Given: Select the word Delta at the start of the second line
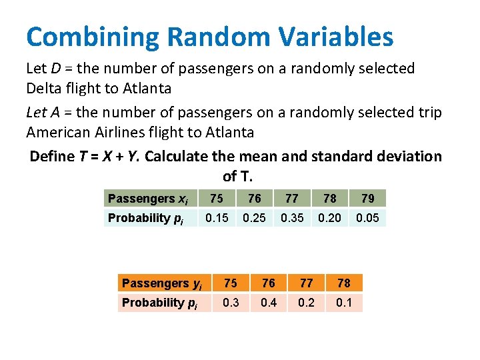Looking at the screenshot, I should pos(44,88).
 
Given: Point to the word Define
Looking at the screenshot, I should pos(53,156).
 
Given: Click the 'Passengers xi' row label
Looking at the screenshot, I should pos(148,199).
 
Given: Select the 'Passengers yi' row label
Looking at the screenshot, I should pos(162,283).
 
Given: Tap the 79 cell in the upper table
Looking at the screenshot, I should pos(367,199).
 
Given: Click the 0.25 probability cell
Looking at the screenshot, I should pos(254,218).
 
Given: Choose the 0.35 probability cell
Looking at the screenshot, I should pos(292,218).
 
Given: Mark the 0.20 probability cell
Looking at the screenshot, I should pos(329,218).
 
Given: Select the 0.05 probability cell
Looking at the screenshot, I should pos(367,218).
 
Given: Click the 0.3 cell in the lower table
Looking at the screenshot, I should pos(231,303).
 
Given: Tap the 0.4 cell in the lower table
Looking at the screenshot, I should pos(269,303).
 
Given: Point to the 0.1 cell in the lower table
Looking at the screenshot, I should pos(344,303).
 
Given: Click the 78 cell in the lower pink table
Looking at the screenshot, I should pos(344,283).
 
